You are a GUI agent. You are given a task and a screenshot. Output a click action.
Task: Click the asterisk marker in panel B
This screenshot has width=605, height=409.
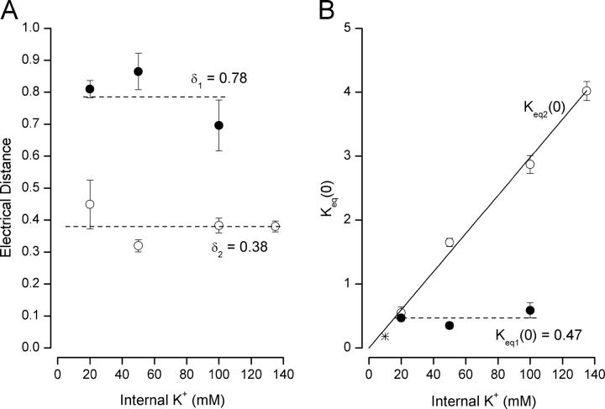point(385,336)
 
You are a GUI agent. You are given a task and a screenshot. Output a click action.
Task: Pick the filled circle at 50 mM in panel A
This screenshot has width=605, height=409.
point(139,71)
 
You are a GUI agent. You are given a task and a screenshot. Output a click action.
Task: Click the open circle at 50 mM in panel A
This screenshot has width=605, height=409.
point(139,245)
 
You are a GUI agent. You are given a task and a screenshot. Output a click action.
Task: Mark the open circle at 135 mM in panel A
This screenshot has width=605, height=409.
point(275,226)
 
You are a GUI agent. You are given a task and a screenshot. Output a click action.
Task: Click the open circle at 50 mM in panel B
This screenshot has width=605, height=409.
point(450,242)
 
